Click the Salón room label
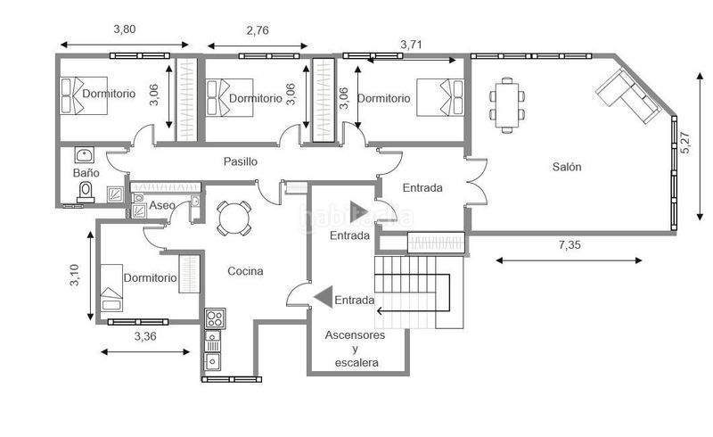(567, 167)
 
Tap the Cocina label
(245, 271)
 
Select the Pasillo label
(240, 161)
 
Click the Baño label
(86, 172)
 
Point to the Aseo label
(162, 205)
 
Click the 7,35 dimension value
(570, 245)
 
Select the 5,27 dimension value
(685, 143)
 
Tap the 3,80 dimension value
(124, 29)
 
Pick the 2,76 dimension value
(258, 30)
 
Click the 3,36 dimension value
(145, 336)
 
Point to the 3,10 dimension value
(74, 275)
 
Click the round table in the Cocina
(234, 218)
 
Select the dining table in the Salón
(507, 105)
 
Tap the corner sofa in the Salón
(628, 95)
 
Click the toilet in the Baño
(86, 193)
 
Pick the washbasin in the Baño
(85, 155)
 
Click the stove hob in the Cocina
(215, 318)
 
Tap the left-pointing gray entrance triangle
(324, 297)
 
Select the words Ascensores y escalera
(355, 349)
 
